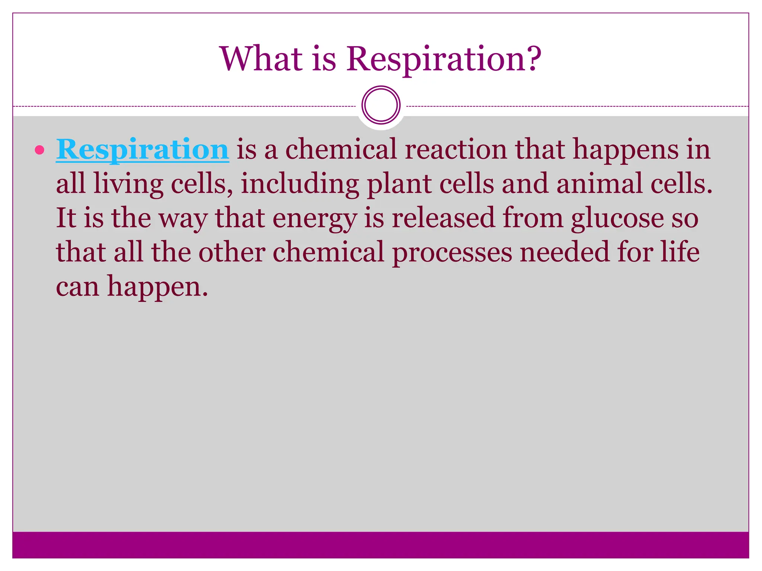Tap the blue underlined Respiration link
[x=142, y=149]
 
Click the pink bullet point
[x=39, y=150]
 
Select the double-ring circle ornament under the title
[x=381, y=105]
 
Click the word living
[x=128, y=184]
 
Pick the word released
[x=443, y=218]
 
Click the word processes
[x=452, y=253]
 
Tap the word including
[x=300, y=184]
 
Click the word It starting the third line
[x=66, y=218]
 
